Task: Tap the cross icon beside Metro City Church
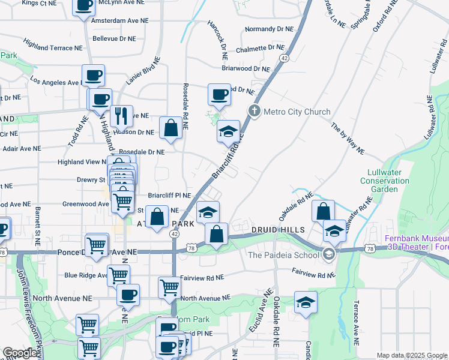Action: tap(255, 112)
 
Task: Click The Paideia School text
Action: tap(284, 254)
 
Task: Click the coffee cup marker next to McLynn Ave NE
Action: tap(84, 6)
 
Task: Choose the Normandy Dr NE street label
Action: tap(270, 28)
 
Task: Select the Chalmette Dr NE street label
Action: tap(260, 47)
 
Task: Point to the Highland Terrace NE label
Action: tap(53, 44)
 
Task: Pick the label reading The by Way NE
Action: tap(348, 139)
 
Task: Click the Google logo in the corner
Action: tap(20, 353)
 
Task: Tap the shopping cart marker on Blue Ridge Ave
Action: tap(118, 275)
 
